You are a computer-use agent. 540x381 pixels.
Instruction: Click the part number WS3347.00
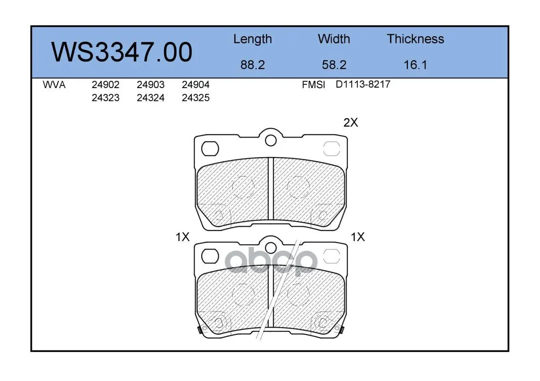point(122,52)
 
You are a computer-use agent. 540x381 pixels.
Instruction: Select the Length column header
point(253,40)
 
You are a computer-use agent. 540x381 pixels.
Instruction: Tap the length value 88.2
point(253,65)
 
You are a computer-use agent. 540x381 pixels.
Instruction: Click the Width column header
point(334,39)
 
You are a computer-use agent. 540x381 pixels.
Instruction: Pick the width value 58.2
point(334,65)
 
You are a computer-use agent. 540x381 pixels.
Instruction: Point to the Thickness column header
point(415,39)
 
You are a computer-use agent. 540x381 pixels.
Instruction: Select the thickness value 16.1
point(415,65)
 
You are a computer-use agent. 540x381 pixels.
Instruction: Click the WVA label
point(54,85)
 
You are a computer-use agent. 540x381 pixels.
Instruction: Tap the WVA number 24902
point(105,85)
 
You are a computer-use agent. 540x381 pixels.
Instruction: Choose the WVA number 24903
point(150,85)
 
